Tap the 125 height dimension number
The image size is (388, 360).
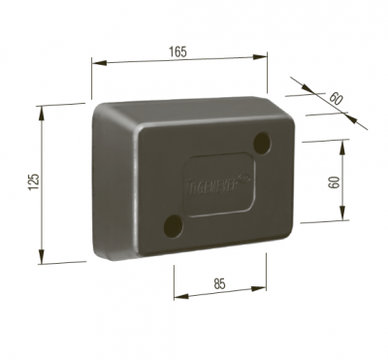pos(32,181)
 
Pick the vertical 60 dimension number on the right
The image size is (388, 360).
pos(335,181)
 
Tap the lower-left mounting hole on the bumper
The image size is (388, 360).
pos(174,225)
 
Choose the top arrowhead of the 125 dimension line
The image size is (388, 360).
pos(42,110)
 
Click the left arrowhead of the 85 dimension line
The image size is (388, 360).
pos(177,293)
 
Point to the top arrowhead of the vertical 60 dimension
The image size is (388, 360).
pos(342,142)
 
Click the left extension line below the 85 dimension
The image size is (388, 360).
pos(174,281)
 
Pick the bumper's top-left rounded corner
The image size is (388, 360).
pos(98,110)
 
